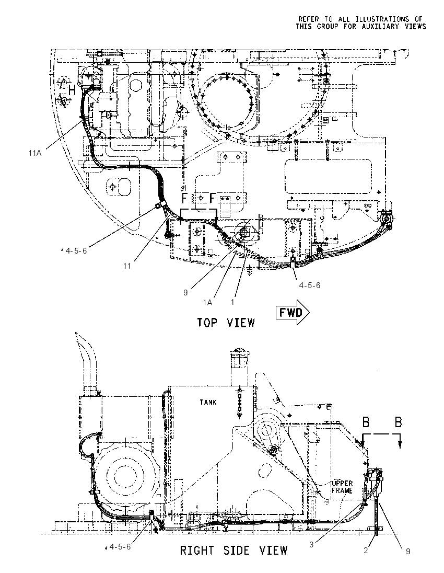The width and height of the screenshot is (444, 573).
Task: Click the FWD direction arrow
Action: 293,313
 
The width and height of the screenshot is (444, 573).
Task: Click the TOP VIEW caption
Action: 226,323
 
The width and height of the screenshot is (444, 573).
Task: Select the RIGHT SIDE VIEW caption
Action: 233,551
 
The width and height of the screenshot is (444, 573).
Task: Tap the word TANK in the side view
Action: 208,402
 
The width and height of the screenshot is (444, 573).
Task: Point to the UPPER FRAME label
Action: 342,487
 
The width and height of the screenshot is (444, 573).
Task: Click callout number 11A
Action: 35,153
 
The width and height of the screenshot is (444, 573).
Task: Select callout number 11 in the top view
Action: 127,266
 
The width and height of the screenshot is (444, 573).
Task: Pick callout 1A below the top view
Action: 208,302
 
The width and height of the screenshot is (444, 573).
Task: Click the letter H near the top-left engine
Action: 72,90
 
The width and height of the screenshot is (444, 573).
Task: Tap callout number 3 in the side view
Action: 311,544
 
